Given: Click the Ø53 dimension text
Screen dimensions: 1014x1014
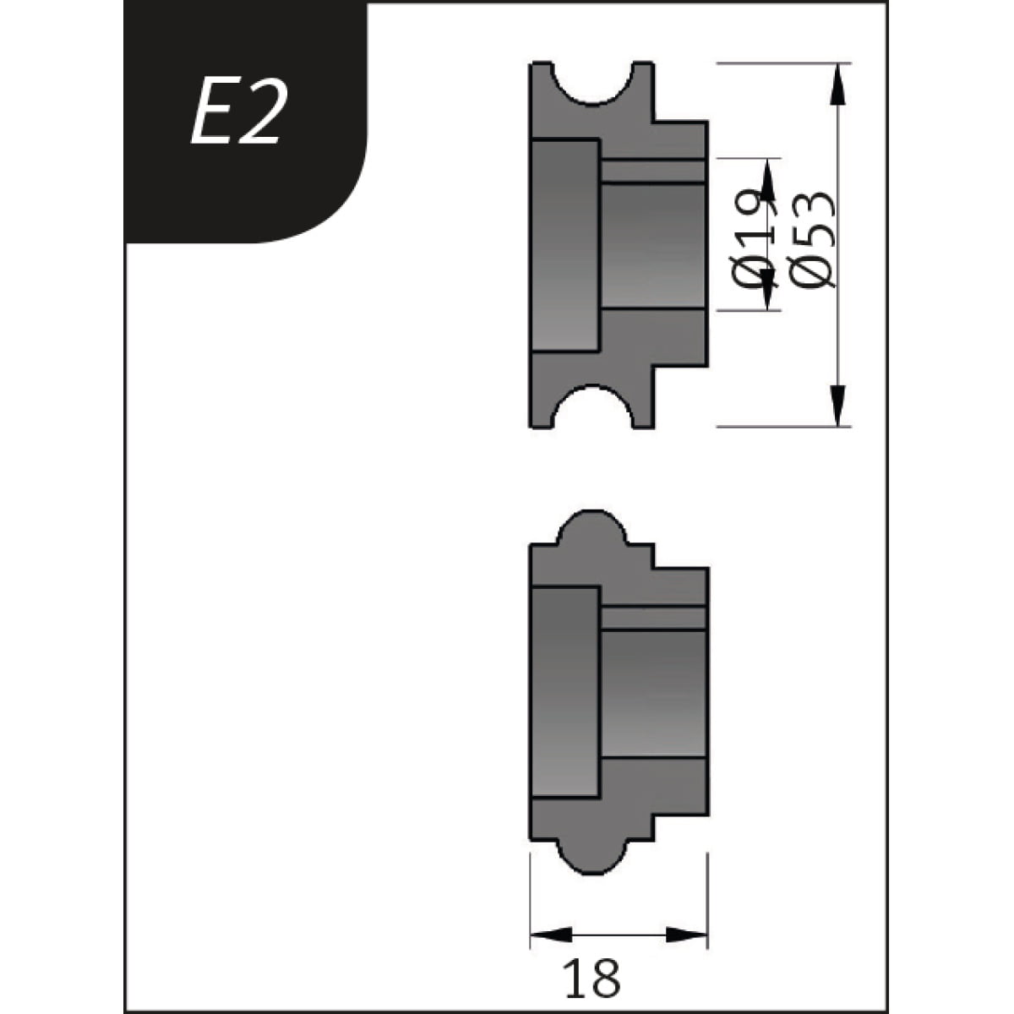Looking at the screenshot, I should tap(812, 241).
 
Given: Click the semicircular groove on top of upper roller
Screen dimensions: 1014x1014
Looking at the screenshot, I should tap(592, 80).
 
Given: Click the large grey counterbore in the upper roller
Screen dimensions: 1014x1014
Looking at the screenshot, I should tap(564, 245).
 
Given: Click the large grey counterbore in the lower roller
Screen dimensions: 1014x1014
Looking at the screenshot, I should tap(564, 693).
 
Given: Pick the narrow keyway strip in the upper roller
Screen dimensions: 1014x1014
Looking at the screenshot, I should tap(652, 171).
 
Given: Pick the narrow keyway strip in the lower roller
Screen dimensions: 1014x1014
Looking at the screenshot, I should tap(652, 619).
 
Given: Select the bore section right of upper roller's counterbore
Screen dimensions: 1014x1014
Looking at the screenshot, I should tap(652, 245).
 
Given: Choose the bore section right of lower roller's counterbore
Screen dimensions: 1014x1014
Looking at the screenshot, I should tap(652, 693).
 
